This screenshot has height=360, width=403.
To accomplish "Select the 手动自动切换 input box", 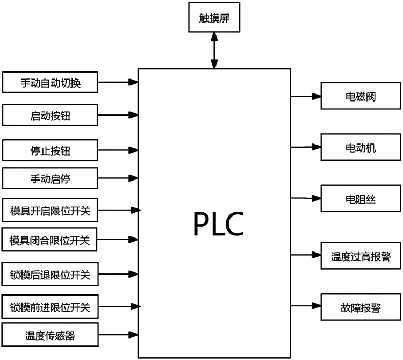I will click(x=51, y=83).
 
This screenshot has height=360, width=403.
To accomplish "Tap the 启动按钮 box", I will click(x=51, y=114).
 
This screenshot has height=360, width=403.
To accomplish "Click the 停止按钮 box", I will click(x=51, y=150).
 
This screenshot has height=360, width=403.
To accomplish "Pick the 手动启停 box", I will click(x=51, y=178).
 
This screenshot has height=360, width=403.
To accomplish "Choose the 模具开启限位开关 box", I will click(x=51, y=210).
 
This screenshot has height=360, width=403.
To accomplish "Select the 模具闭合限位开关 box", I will click(x=51, y=240).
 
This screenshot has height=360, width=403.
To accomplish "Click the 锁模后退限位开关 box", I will click(x=51, y=276).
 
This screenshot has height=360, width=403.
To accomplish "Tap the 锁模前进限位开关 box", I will click(x=51, y=307).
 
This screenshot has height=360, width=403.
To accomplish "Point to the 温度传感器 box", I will click(x=51, y=335).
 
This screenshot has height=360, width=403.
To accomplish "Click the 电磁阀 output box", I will click(x=361, y=97).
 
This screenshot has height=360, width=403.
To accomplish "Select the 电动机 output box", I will click(x=361, y=147).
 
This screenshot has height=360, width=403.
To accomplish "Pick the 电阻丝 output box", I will click(x=361, y=198).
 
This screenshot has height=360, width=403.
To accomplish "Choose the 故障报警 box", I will click(x=361, y=307).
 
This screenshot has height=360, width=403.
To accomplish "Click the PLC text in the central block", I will click(x=218, y=225).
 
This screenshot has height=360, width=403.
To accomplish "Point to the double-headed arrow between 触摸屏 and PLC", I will click(x=214, y=50).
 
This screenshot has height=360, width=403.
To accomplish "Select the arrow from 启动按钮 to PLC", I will click(x=118, y=114).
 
